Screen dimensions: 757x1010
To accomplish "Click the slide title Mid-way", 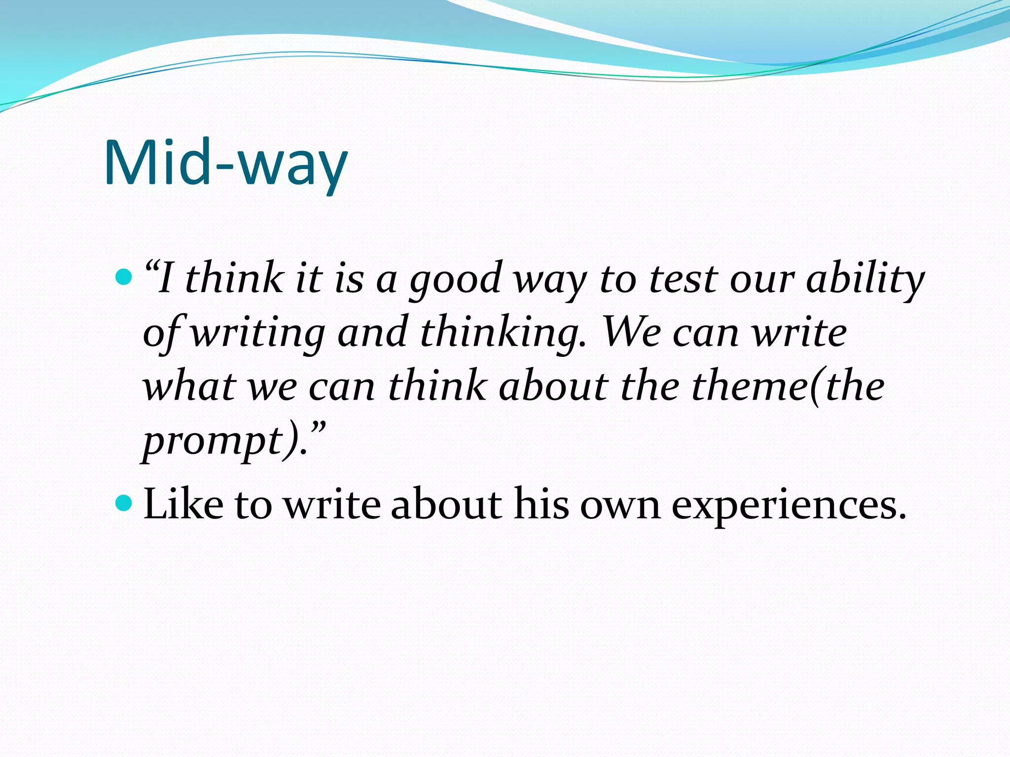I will point(226,164).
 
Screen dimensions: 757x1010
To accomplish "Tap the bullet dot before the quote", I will point(123,277).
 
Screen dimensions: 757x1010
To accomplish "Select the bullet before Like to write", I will point(123,503).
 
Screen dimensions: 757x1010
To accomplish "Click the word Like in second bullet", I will point(182,504).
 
